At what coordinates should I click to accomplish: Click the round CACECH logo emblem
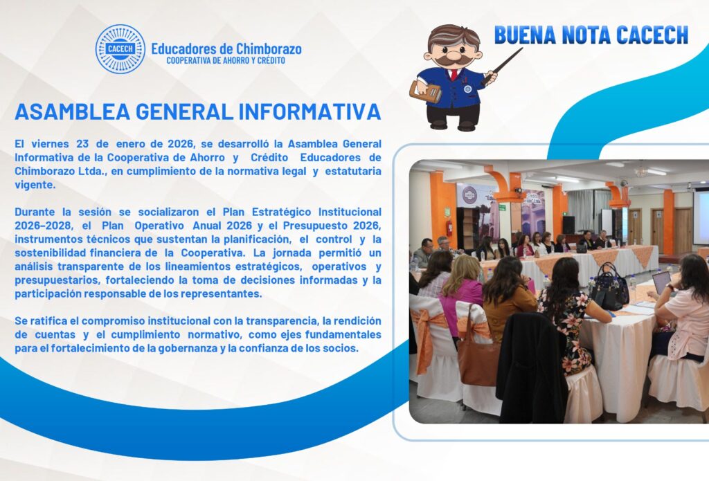coord(120,50)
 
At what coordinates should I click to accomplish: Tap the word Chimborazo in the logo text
coord(259,49)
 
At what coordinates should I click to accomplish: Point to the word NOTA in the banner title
coord(594,35)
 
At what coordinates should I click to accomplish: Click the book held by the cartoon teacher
coord(425,91)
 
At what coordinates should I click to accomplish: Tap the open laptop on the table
coord(661,282)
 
